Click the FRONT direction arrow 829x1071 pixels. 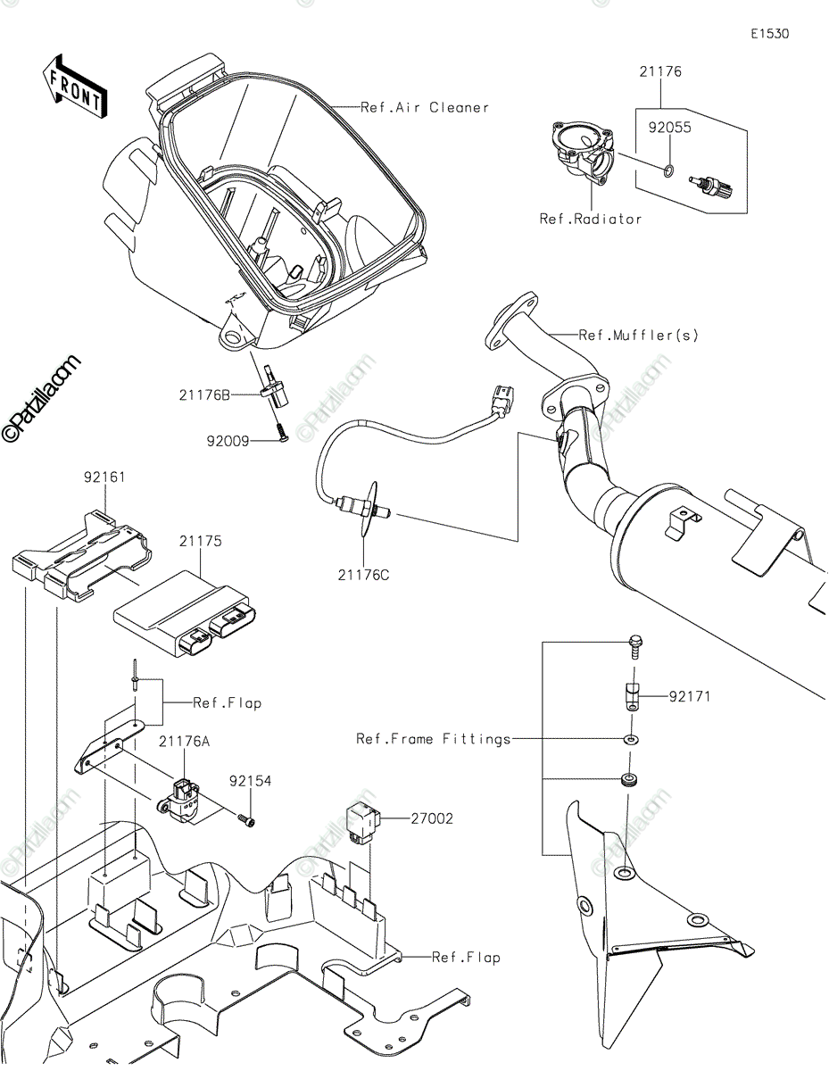(x=75, y=86)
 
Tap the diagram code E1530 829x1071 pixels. (x=769, y=34)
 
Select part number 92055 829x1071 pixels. (x=670, y=128)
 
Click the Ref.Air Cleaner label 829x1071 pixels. (x=425, y=107)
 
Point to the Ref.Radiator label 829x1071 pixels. (x=591, y=219)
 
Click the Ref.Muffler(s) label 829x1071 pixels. (x=639, y=336)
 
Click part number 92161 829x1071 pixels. (x=105, y=477)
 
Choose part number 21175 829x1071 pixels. (x=201, y=541)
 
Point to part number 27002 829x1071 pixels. (x=432, y=818)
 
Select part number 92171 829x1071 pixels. (x=691, y=696)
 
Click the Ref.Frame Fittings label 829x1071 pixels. (x=434, y=739)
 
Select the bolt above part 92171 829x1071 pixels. (x=634, y=644)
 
